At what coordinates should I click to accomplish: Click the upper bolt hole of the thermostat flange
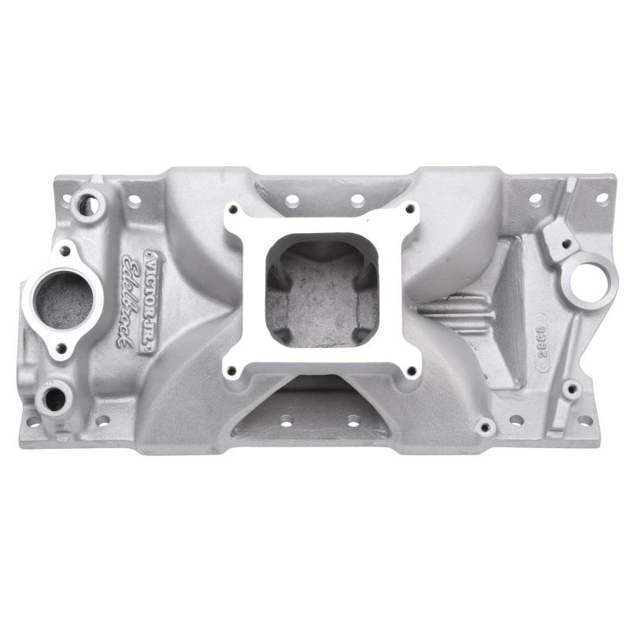pos(65,251)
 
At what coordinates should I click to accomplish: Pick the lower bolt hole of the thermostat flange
pos(61,346)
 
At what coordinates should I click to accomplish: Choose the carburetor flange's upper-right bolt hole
pos(410,209)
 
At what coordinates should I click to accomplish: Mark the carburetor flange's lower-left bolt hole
pos(232,370)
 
